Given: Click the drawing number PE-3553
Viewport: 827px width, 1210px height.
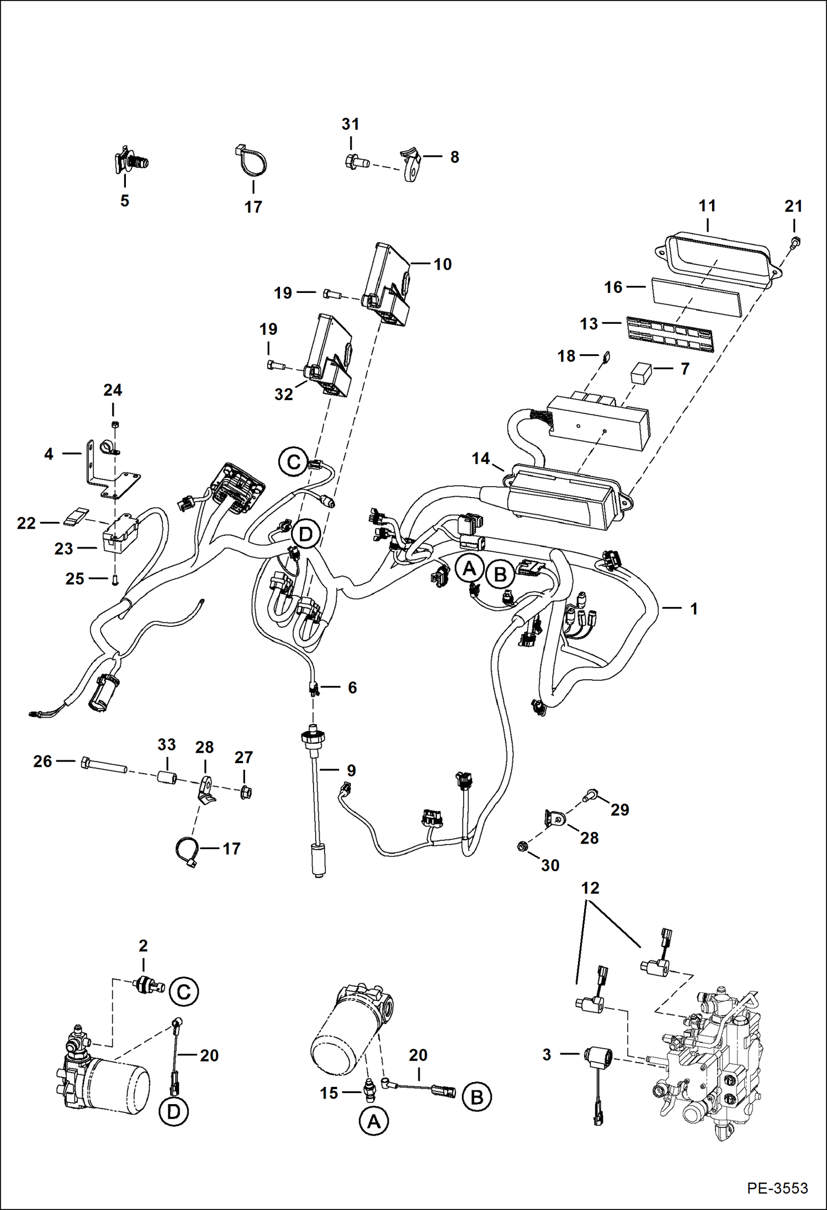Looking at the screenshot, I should tap(777, 1188).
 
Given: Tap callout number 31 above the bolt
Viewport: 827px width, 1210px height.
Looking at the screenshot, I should tap(350, 124).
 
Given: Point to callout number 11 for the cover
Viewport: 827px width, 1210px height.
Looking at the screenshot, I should tap(707, 206).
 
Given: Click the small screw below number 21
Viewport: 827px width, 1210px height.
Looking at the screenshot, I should tap(796, 242).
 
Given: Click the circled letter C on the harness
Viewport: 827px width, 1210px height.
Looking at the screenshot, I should tap(294, 461).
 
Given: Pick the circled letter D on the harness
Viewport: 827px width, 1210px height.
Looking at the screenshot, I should tap(305, 534).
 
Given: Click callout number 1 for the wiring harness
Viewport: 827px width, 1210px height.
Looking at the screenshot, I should tap(694, 609).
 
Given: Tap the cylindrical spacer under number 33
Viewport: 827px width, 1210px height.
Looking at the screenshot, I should tap(167, 779).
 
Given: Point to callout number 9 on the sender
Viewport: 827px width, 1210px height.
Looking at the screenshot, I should tap(351, 770).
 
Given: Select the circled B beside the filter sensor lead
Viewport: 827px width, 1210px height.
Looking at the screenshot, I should tap(477, 1098).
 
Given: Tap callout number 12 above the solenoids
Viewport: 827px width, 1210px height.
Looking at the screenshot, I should tap(590, 888).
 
